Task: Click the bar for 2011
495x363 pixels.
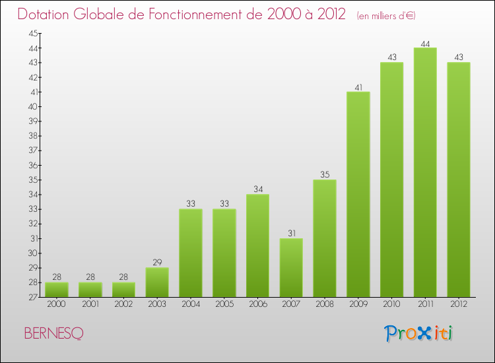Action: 425,172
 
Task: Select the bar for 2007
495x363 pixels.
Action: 291,267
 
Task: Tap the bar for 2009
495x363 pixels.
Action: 358,194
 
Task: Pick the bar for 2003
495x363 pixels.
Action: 157,282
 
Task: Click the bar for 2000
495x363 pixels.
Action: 56,289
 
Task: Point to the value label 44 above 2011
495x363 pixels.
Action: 425,44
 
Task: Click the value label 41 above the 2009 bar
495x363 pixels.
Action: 358,87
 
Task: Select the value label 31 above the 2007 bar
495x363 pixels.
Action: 291,234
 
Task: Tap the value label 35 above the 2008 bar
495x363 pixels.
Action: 325,175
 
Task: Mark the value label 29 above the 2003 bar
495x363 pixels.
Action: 157,263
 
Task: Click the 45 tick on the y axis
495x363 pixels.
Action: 32,34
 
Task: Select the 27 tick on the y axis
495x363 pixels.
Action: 32,297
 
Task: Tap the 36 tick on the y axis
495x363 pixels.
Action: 32,165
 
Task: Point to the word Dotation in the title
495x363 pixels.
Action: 46,15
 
